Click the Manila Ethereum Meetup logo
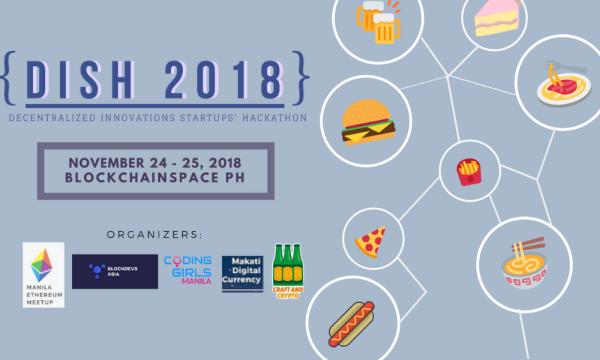(x=43, y=273)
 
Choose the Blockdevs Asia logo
(x=114, y=270)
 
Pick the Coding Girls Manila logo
(x=190, y=270)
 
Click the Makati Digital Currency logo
(x=243, y=271)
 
